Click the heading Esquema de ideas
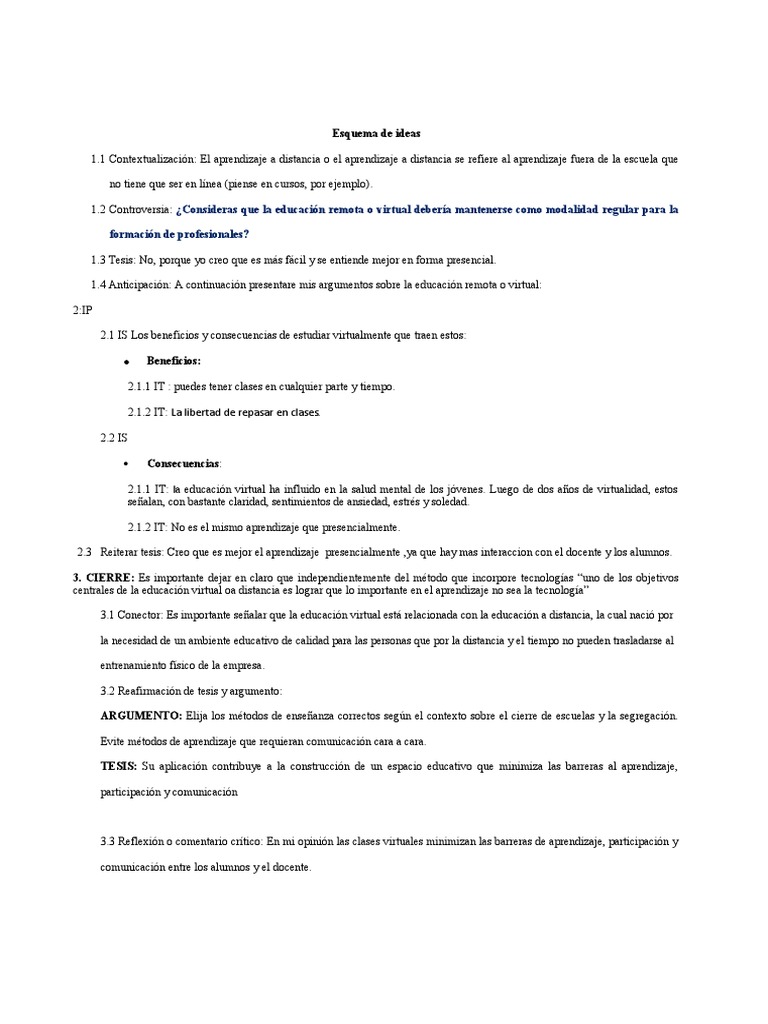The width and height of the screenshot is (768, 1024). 369,133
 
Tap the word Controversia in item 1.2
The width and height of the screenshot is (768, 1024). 140,210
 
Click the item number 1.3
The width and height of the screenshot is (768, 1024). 98,260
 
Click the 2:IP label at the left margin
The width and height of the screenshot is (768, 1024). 82,310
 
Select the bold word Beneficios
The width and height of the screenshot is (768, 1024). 173,360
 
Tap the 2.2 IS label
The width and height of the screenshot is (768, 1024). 113,438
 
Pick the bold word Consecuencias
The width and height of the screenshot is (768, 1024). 184,464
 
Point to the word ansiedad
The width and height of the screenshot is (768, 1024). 365,502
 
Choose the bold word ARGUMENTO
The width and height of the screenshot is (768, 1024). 141,716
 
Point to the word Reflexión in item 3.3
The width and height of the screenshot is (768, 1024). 146,842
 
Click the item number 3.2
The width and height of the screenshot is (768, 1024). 109,691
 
